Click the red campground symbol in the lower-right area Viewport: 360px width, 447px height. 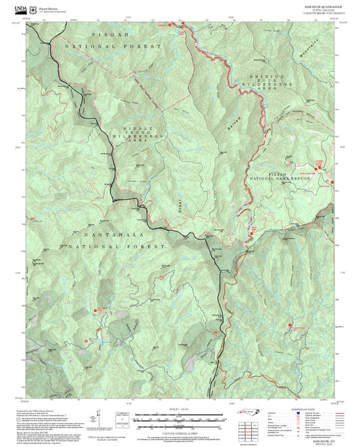(x=294, y=329)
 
